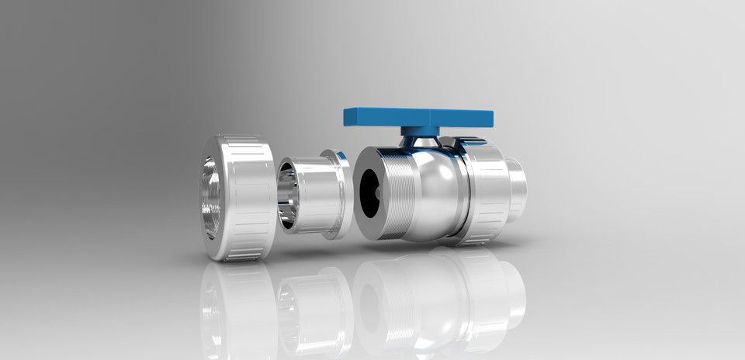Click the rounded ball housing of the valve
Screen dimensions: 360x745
pyautogui.click(x=438, y=190)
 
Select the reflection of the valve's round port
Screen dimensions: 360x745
pyautogui.click(x=371, y=306)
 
